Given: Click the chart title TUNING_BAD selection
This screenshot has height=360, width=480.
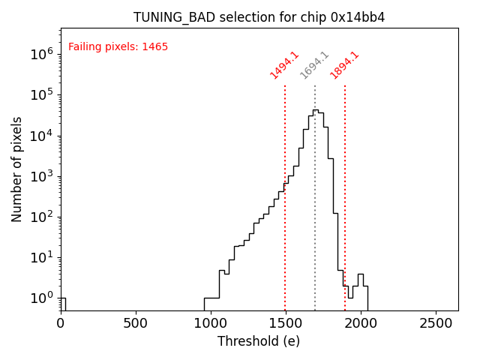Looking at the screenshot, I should pos(259,17).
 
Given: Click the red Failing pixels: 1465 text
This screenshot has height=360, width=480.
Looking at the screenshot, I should pos(118,47).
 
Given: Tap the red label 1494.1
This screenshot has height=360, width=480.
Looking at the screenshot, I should pos(284,65).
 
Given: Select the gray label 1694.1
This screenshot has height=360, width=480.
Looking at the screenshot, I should pos(314,65).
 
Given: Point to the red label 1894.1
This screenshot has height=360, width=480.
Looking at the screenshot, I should pos(344,65).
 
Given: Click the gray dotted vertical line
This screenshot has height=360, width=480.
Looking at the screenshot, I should pos(315,225).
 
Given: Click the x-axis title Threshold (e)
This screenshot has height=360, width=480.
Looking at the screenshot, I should pos(259,341).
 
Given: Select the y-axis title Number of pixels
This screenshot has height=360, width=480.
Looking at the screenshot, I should pos(16,169).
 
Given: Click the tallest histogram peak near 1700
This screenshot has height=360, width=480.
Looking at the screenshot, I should pos(315,110).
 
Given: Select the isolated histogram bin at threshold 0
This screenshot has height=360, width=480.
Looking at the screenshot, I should pos(63,303).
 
